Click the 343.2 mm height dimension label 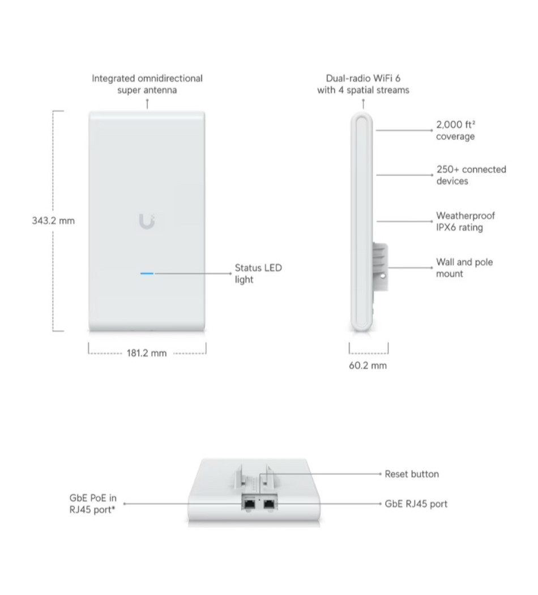coord(53,221)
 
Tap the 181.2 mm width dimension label coord(146,353)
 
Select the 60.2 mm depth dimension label coord(368,366)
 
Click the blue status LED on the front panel coord(147,273)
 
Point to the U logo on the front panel coord(147,222)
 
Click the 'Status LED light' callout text coord(258,274)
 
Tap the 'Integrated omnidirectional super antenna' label coord(147,84)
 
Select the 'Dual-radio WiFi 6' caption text coord(363,78)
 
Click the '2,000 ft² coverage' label coord(456,130)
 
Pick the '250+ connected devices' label coord(471,175)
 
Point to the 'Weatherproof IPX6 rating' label coord(465,222)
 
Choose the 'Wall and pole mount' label coord(464,268)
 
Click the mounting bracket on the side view coord(380,267)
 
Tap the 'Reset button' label coord(412,474)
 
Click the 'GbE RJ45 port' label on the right coord(416,504)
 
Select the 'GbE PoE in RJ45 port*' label coord(93,504)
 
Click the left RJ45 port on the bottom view coord(249,504)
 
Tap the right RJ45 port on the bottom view coord(269,504)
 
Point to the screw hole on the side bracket coord(383,276)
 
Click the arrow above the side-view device coord(363,104)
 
